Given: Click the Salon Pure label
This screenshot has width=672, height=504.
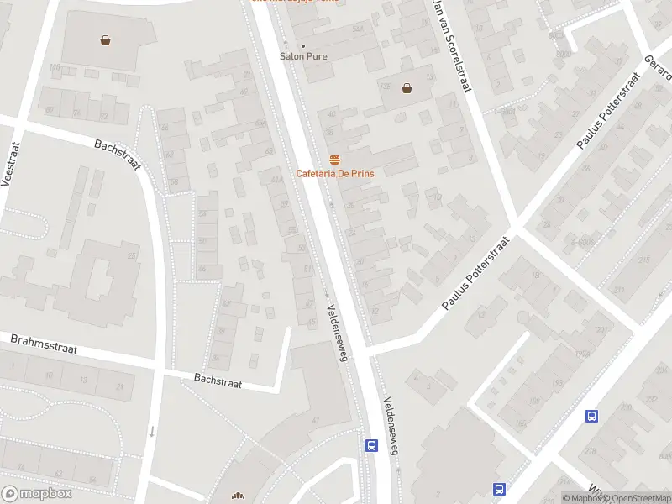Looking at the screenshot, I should (303, 56).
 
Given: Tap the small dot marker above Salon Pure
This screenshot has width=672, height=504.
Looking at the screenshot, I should (303, 45).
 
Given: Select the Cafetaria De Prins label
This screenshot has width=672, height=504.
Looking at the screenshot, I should (334, 173).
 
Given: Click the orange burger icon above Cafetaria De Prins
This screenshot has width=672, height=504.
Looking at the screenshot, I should (334, 160).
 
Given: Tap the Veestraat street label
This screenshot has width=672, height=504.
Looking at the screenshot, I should (9, 165).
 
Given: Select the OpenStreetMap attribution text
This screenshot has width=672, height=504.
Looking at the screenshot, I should (636, 498).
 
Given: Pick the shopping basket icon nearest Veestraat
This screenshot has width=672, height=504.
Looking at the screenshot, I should (106, 39).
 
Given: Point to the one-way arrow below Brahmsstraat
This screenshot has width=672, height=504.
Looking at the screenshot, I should (152, 432).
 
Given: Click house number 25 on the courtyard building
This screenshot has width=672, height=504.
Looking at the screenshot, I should (131, 255).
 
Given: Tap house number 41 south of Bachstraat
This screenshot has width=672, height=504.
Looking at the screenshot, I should (316, 419).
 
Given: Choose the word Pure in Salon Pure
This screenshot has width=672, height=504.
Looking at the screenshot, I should (317, 56).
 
